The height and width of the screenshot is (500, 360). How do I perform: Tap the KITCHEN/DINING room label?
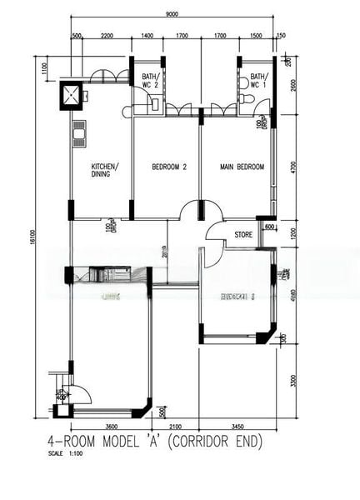(x=104, y=170)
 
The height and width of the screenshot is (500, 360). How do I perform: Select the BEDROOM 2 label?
(x=168, y=167)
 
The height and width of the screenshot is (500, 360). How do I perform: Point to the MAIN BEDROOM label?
(x=242, y=167)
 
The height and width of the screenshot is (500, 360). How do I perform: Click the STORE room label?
(x=243, y=234)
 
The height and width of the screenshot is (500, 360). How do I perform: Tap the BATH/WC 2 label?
(x=149, y=69)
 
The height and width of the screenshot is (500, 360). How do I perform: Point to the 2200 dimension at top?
(x=107, y=37)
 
